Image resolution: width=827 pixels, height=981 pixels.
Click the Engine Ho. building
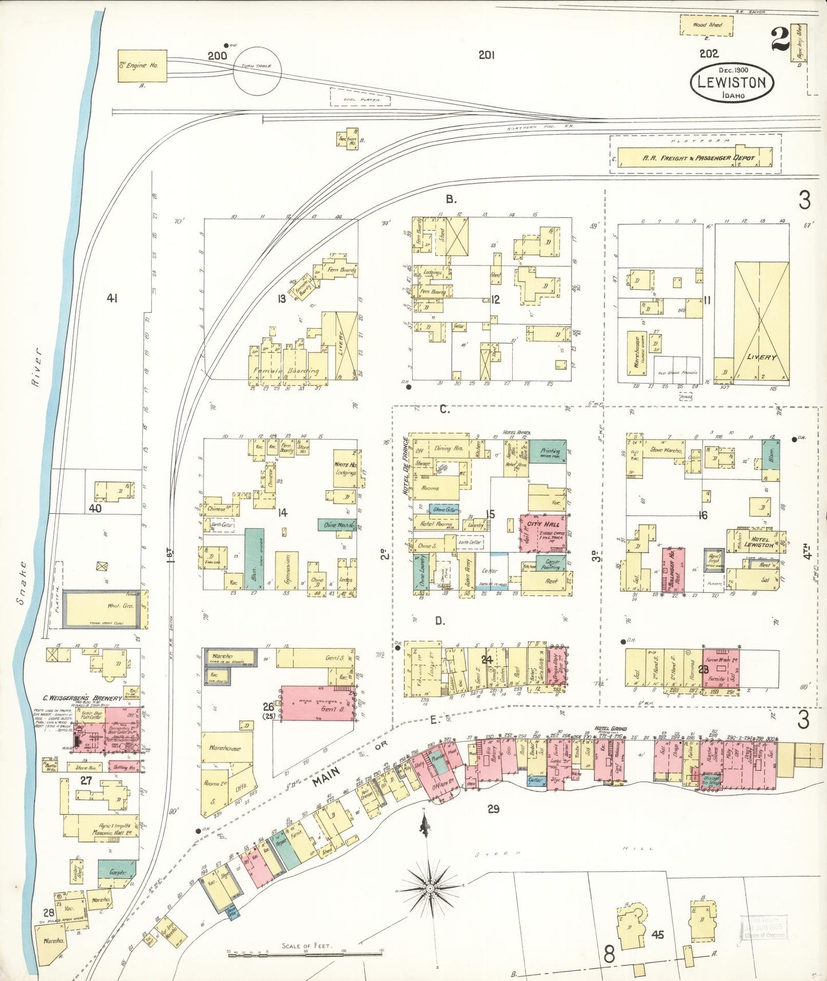pyautogui.click(x=143, y=66)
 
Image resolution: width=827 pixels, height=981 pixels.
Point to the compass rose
pyautogui.click(x=430, y=888)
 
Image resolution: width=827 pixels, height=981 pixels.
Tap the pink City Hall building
pyautogui.click(x=543, y=533)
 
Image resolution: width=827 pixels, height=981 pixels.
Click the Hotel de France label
pyautogui.click(x=406, y=466)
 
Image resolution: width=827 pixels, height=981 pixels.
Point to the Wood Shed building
pyautogui.click(x=707, y=25)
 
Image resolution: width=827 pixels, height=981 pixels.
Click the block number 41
pyautogui.click(x=112, y=298)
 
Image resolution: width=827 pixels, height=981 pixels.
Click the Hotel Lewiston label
pyautogui.click(x=759, y=542)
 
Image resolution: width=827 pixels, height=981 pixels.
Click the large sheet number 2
pyautogui.click(x=780, y=40)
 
